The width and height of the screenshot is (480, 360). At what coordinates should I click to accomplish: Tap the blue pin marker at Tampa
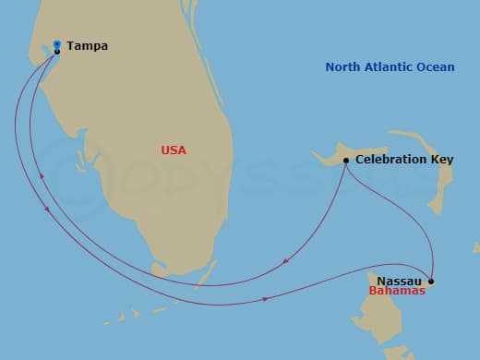57,43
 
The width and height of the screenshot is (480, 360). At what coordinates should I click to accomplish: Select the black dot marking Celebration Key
346,161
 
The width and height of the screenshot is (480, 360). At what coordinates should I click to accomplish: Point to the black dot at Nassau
431,282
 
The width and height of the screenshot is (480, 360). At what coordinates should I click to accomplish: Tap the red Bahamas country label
397,291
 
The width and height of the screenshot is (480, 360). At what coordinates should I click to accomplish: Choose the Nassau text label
400,280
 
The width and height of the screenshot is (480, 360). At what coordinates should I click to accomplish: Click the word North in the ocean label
343,67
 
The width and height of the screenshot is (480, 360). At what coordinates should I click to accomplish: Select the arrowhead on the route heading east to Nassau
267,299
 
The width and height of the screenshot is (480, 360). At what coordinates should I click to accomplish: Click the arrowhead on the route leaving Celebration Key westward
287,262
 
